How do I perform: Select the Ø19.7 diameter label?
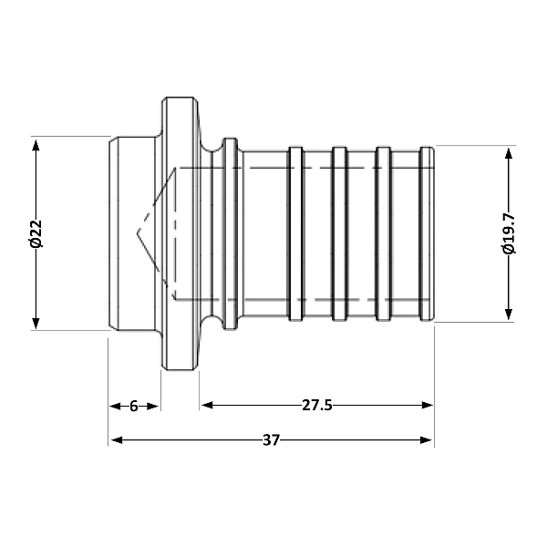pyautogui.click(x=509, y=233)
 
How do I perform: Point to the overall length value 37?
pyautogui.click(x=271, y=440)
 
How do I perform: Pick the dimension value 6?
pyautogui.click(x=134, y=406)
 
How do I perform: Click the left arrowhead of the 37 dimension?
pyautogui.click(x=115, y=440)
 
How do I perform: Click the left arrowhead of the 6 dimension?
pyautogui.click(x=115, y=406)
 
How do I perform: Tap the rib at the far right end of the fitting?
pyautogui.click(x=427, y=233)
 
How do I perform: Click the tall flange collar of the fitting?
pyautogui.click(x=179, y=233)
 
